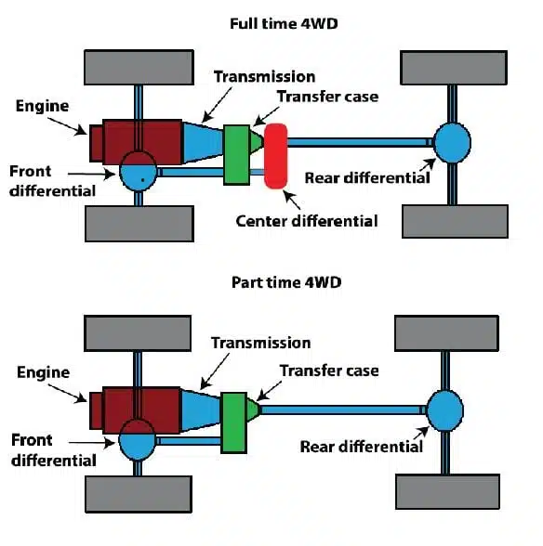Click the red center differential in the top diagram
click(275, 155)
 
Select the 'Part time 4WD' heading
click(271, 282)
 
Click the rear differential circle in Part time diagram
click(445, 409)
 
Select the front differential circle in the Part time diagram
click(139, 442)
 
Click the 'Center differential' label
click(307, 220)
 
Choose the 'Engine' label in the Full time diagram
click(43, 105)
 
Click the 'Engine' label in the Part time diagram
click(43, 372)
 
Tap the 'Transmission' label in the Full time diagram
click(263, 76)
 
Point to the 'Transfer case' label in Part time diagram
click(329, 370)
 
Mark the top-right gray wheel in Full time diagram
click(454, 67)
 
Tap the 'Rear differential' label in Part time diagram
click(362, 447)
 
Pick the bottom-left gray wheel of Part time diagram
click(139, 492)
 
